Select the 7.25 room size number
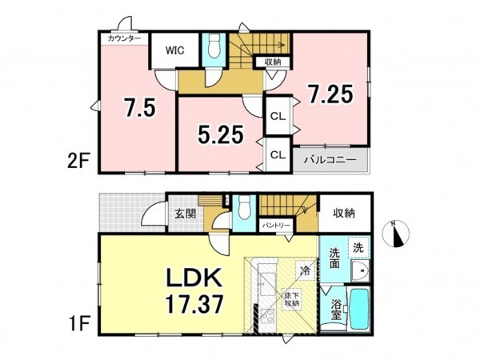click(x=330, y=96)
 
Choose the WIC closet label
click(x=175, y=50)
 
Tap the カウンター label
click(x=123, y=38)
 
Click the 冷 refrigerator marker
click(x=304, y=270)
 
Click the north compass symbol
click(x=397, y=233)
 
